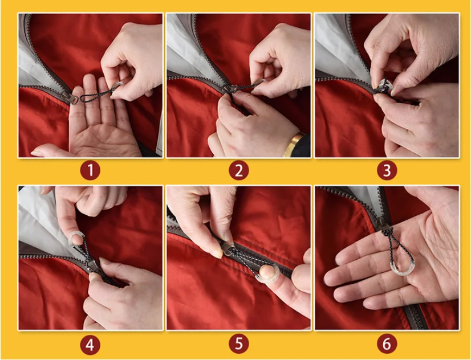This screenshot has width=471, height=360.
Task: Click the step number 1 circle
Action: [90, 170]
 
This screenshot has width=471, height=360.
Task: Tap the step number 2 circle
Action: [239, 170]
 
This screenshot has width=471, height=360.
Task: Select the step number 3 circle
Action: [387, 170]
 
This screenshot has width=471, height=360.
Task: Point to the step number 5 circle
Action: [239, 344]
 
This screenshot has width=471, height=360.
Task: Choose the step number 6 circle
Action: [387, 344]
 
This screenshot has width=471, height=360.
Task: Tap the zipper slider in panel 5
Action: [227, 248]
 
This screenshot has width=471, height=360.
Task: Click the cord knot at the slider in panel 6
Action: [387, 231]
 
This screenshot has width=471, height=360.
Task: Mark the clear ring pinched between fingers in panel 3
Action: [385, 86]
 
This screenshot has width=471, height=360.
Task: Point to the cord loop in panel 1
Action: [97, 94]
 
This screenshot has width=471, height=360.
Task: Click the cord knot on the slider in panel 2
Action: [232, 88]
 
